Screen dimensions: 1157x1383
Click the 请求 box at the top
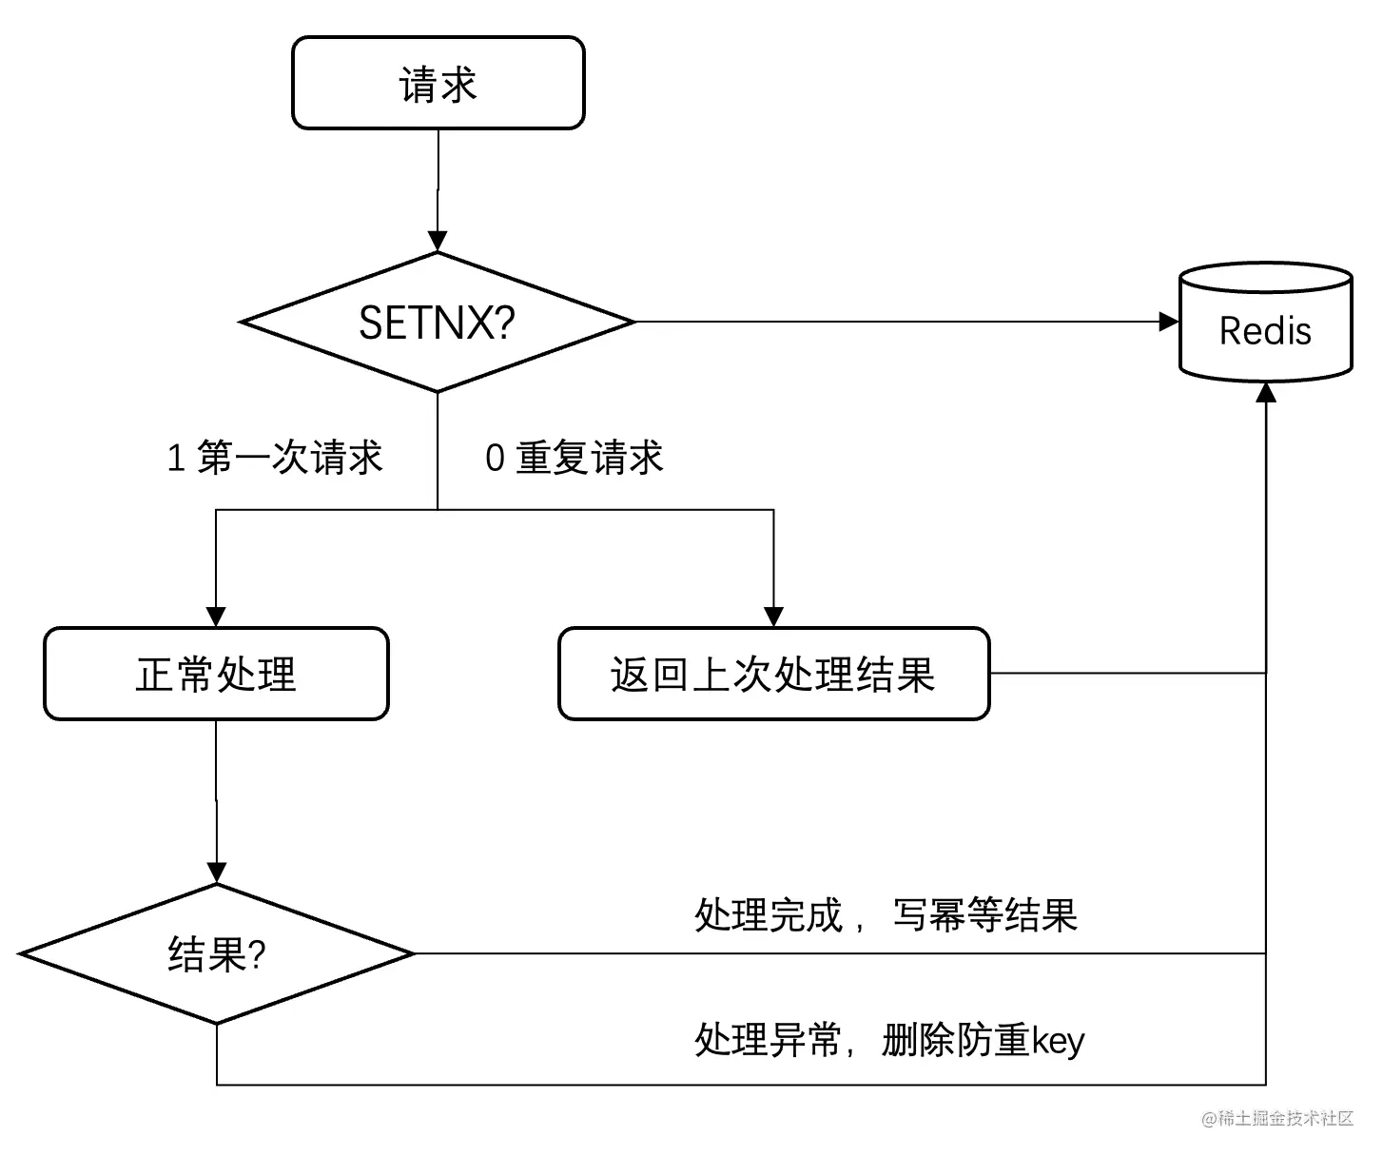coord(438,84)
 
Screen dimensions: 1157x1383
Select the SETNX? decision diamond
coord(438,323)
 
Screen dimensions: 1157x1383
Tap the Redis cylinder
coord(1265,324)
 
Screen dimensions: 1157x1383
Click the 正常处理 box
coord(216,674)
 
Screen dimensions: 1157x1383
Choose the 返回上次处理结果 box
coord(773,674)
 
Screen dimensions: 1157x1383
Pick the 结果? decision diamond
coord(217,953)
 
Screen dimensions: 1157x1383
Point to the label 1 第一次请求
coord(274,458)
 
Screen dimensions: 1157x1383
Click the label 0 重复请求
coord(574,458)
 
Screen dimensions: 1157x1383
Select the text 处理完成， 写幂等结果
coord(885,915)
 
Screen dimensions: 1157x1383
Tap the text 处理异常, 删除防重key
coord(888,1040)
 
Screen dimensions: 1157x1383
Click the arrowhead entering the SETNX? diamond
coord(438,242)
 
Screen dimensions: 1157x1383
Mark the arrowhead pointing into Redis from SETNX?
coord(1169,323)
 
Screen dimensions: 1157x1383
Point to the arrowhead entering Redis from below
coord(1266,392)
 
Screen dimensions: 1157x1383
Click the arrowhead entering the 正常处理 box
coord(216,617)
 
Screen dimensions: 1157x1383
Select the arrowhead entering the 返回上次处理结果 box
coord(773,617)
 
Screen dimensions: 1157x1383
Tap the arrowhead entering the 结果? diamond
coord(217,873)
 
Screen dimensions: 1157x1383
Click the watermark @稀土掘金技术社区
coord(1276,1119)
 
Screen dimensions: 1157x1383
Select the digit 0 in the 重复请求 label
coord(495,459)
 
